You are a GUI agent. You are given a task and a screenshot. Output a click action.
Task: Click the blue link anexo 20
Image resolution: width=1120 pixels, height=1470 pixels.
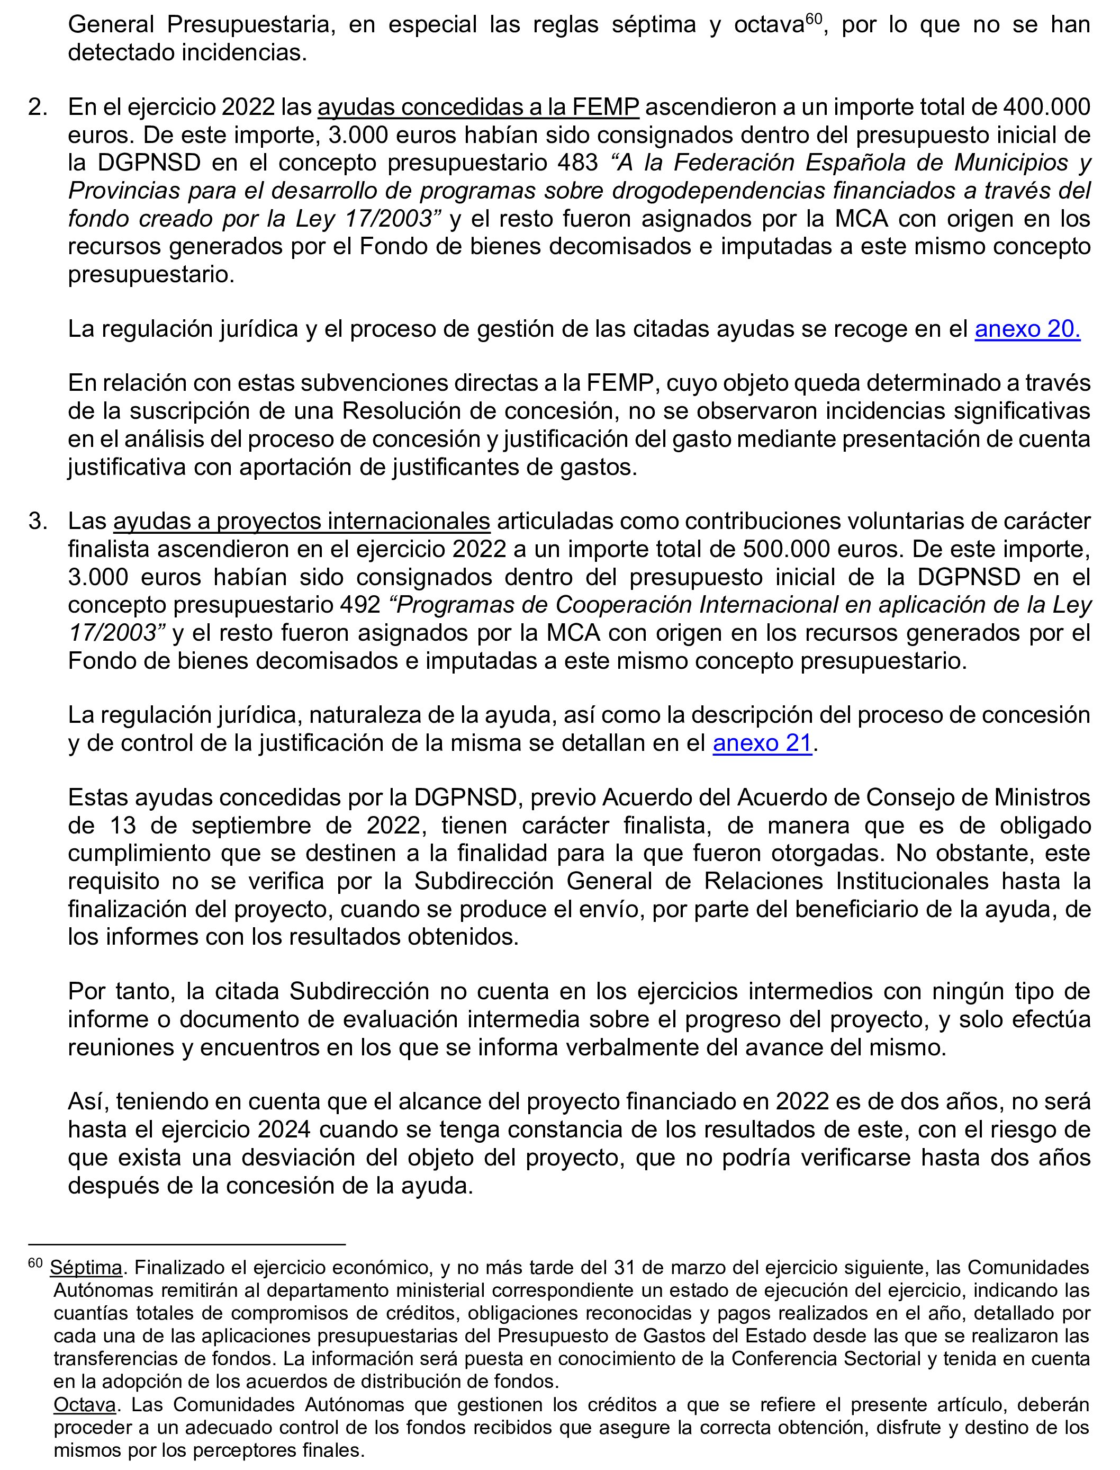click(x=1027, y=329)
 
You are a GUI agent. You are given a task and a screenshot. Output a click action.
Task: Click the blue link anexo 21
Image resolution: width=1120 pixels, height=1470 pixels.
click(x=762, y=743)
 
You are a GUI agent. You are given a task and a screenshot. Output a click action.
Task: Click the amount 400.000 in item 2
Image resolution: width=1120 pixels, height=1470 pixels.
click(x=1046, y=107)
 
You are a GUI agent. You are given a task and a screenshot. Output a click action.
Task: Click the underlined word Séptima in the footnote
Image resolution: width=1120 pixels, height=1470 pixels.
click(x=86, y=1267)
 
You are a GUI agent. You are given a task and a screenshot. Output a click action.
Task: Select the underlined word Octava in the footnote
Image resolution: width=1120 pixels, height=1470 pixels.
click(x=85, y=1405)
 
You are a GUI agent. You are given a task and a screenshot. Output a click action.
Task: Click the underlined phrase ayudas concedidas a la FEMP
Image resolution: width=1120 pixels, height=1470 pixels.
click(x=478, y=107)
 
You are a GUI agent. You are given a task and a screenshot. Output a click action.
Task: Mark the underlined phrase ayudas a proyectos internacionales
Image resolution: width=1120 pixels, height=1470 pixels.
click(x=301, y=521)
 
